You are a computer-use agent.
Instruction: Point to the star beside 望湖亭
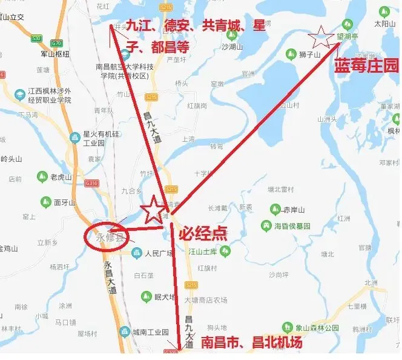tap(320, 38)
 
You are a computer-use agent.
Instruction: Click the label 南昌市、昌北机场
tap(251, 343)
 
